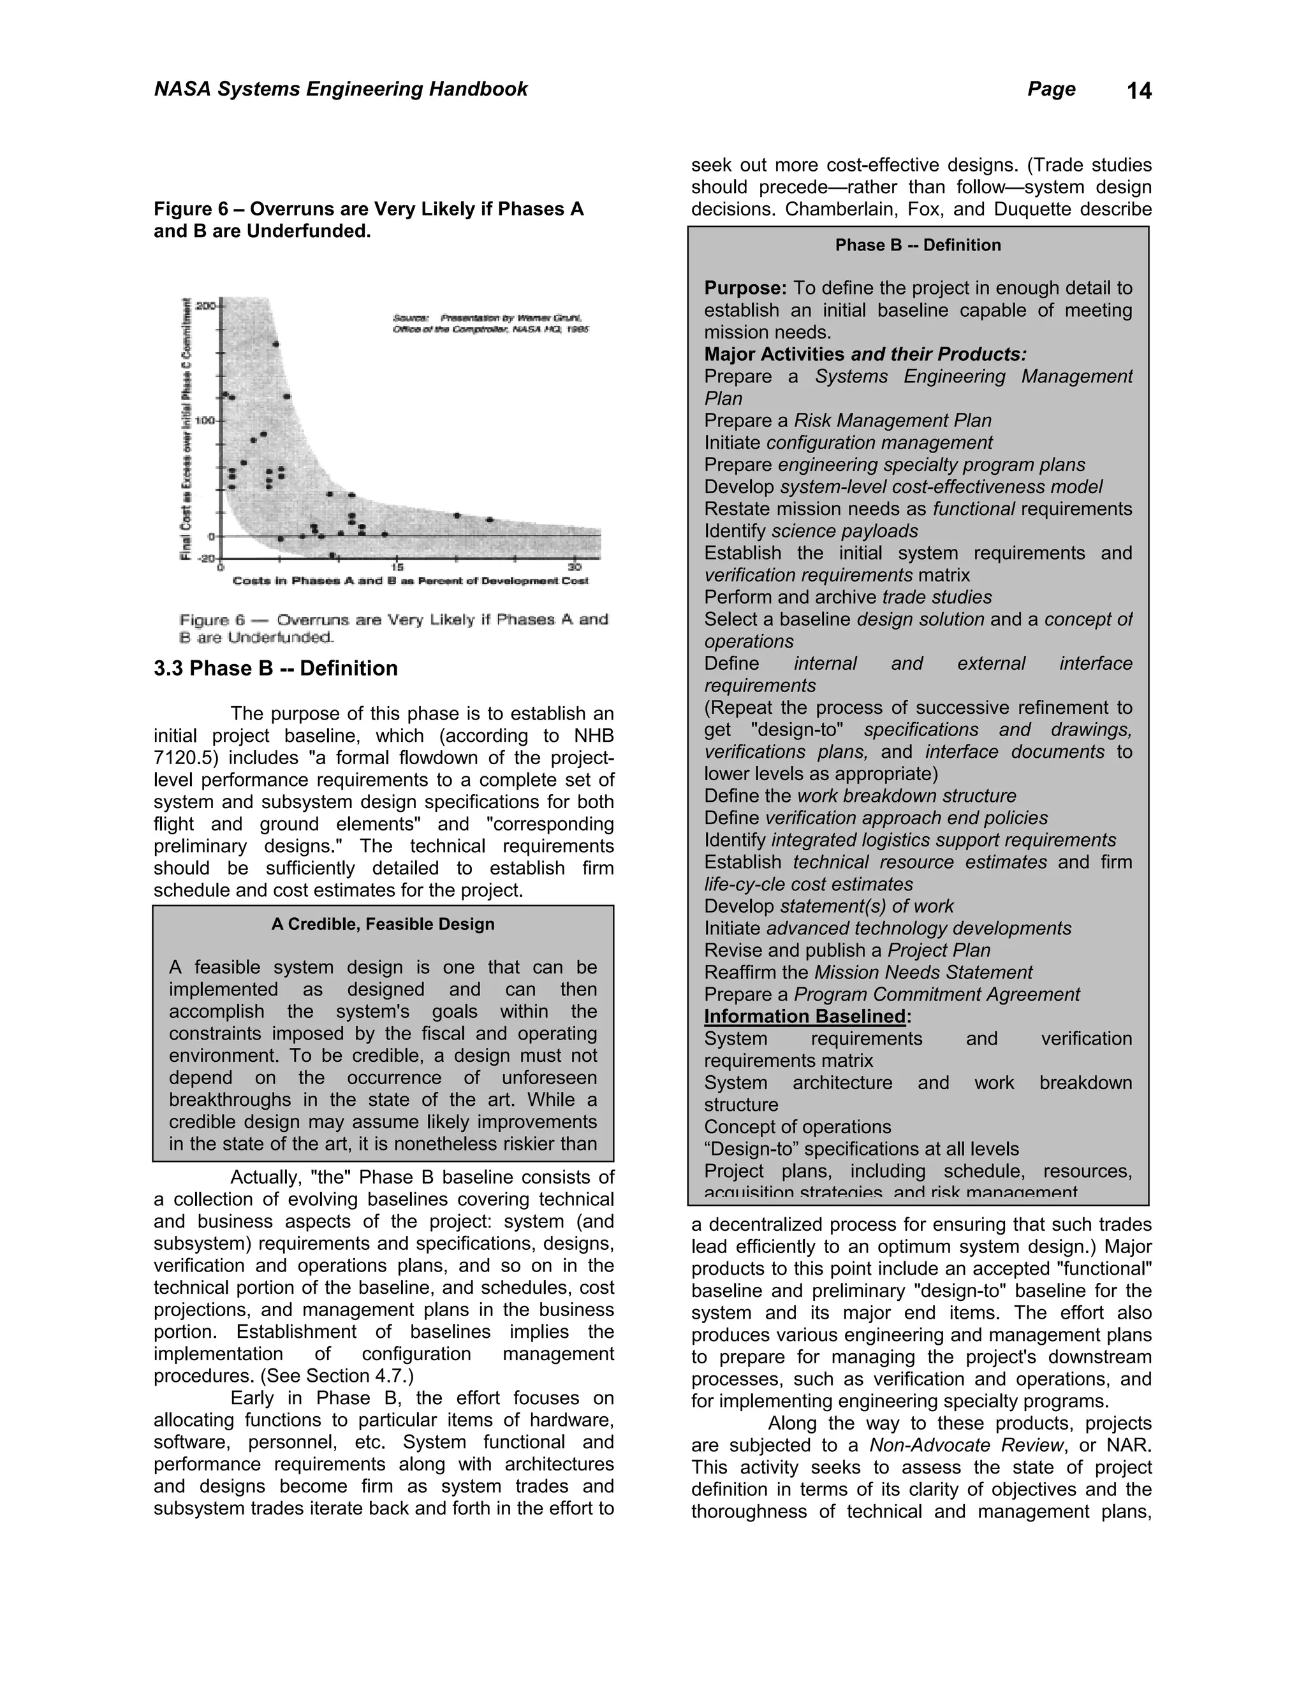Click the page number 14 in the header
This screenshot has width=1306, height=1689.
pyautogui.click(x=1139, y=91)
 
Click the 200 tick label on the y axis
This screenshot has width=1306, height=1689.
pyautogui.click(x=206, y=306)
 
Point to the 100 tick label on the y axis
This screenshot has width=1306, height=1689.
pyautogui.click(x=206, y=421)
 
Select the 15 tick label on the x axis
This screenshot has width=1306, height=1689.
pyautogui.click(x=397, y=566)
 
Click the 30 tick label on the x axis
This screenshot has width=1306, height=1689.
pyautogui.click(x=574, y=566)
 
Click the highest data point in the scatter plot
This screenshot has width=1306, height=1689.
pyautogui.click(x=276, y=344)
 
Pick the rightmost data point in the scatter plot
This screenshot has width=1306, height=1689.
pyautogui.click(x=490, y=519)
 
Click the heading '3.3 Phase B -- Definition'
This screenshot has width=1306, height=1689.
pyautogui.click(x=275, y=668)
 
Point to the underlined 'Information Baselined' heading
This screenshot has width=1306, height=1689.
pyautogui.click(x=805, y=1016)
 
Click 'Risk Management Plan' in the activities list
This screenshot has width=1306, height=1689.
pyautogui.click(x=892, y=421)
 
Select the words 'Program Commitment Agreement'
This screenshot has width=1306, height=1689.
pyautogui.click(x=936, y=994)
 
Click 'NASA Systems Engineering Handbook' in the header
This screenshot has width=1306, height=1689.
pyautogui.click(x=341, y=89)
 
